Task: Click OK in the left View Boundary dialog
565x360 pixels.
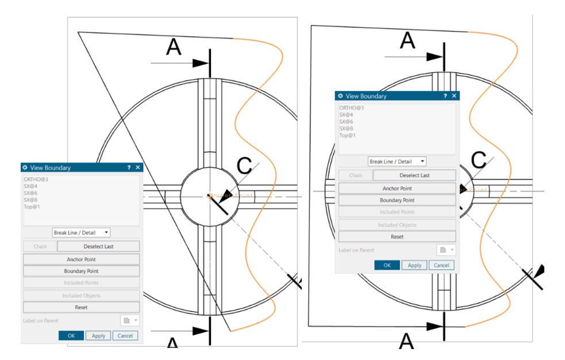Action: [x=71, y=335]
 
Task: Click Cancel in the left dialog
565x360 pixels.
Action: [x=125, y=335]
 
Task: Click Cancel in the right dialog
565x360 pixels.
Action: [x=441, y=265]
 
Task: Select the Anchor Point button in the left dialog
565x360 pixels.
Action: [x=81, y=259]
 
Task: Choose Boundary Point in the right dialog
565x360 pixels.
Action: [x=397, y=200]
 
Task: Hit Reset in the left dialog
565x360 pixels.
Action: [x=81, y=307]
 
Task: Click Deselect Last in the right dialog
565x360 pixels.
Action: [x=414, y=175]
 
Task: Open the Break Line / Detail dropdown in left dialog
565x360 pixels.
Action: [x=81, y=232]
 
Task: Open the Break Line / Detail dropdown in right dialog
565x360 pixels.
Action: [x=397, y=162]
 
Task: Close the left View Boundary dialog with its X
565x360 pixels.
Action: [x=138, y=167]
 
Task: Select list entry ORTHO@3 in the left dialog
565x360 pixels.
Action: [x=36, y=179]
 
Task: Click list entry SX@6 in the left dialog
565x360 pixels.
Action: [x=31, y=193]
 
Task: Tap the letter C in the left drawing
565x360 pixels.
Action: [x=244, y=166]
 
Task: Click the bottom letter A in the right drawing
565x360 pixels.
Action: [x=406, y=342]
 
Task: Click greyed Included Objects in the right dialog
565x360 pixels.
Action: [x=397, y=225]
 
